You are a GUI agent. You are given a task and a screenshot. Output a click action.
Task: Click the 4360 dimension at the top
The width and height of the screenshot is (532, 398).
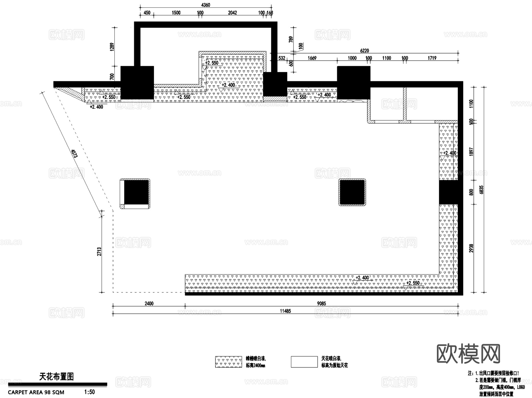(205, 5)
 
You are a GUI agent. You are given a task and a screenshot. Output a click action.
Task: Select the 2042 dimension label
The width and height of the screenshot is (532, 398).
(232, 13)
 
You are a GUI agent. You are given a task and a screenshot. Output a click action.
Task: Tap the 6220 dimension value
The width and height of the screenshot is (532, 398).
(364, 51)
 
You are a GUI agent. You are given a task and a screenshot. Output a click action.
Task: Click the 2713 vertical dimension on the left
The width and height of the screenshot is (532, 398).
(99, 251)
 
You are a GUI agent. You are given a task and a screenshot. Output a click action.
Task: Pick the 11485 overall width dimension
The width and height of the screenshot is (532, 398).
(285, 311)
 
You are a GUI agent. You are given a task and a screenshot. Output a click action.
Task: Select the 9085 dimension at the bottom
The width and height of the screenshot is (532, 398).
(322, 303)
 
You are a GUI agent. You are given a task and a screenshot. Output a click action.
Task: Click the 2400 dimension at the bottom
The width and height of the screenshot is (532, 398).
(149, 303)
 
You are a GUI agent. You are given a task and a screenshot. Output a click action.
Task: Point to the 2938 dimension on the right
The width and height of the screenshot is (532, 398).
(471, 248)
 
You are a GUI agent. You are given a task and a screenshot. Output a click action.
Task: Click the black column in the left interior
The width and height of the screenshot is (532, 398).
(136, 192)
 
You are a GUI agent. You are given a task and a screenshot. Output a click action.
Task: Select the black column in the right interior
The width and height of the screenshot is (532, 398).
(352, 192)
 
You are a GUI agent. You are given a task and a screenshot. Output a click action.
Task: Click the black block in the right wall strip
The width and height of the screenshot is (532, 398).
(448, 192)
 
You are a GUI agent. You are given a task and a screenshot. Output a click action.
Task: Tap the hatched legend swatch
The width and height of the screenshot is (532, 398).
(228, 362)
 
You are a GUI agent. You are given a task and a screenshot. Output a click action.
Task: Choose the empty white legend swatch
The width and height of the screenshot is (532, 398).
(304, 362)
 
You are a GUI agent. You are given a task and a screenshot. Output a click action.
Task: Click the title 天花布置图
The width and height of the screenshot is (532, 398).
(56, 376)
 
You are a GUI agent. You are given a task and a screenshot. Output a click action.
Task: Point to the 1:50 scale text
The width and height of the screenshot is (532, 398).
(90, 392)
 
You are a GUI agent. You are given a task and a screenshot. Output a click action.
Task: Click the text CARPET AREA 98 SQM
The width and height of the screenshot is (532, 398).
(36, 392)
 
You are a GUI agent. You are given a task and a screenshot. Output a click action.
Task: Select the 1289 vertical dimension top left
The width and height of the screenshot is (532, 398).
(112, 47)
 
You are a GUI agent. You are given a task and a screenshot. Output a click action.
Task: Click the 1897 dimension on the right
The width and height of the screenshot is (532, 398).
(471, 152)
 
